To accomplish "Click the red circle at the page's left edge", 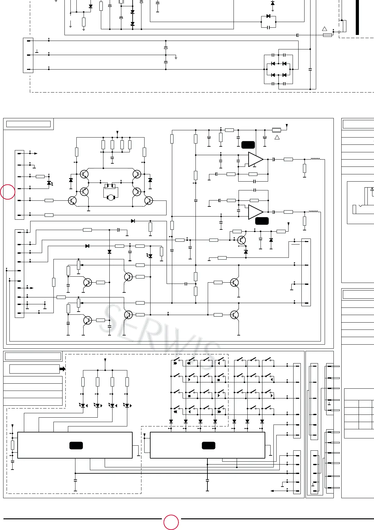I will point(8,192).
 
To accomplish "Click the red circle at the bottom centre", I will point(171,522).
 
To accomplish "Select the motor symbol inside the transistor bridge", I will point(111,197).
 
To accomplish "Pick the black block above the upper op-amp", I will point(248,145).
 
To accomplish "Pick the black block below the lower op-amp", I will point(262,221).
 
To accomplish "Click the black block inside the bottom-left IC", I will point(76,445).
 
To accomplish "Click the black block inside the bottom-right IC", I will point(208,445).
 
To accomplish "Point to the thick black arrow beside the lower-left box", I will point(63,369).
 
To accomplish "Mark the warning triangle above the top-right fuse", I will point(325,29).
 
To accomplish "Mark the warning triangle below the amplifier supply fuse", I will point(277,137).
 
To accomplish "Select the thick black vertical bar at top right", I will point(357,17).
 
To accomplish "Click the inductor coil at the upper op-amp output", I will point(315,159).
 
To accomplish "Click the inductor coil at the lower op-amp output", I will point(313,211).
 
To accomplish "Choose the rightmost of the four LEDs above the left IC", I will point(127,405).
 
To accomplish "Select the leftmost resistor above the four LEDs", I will point(83,382).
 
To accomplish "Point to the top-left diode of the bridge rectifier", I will point(273,64).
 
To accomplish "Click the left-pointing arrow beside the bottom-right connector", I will point(273,491).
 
